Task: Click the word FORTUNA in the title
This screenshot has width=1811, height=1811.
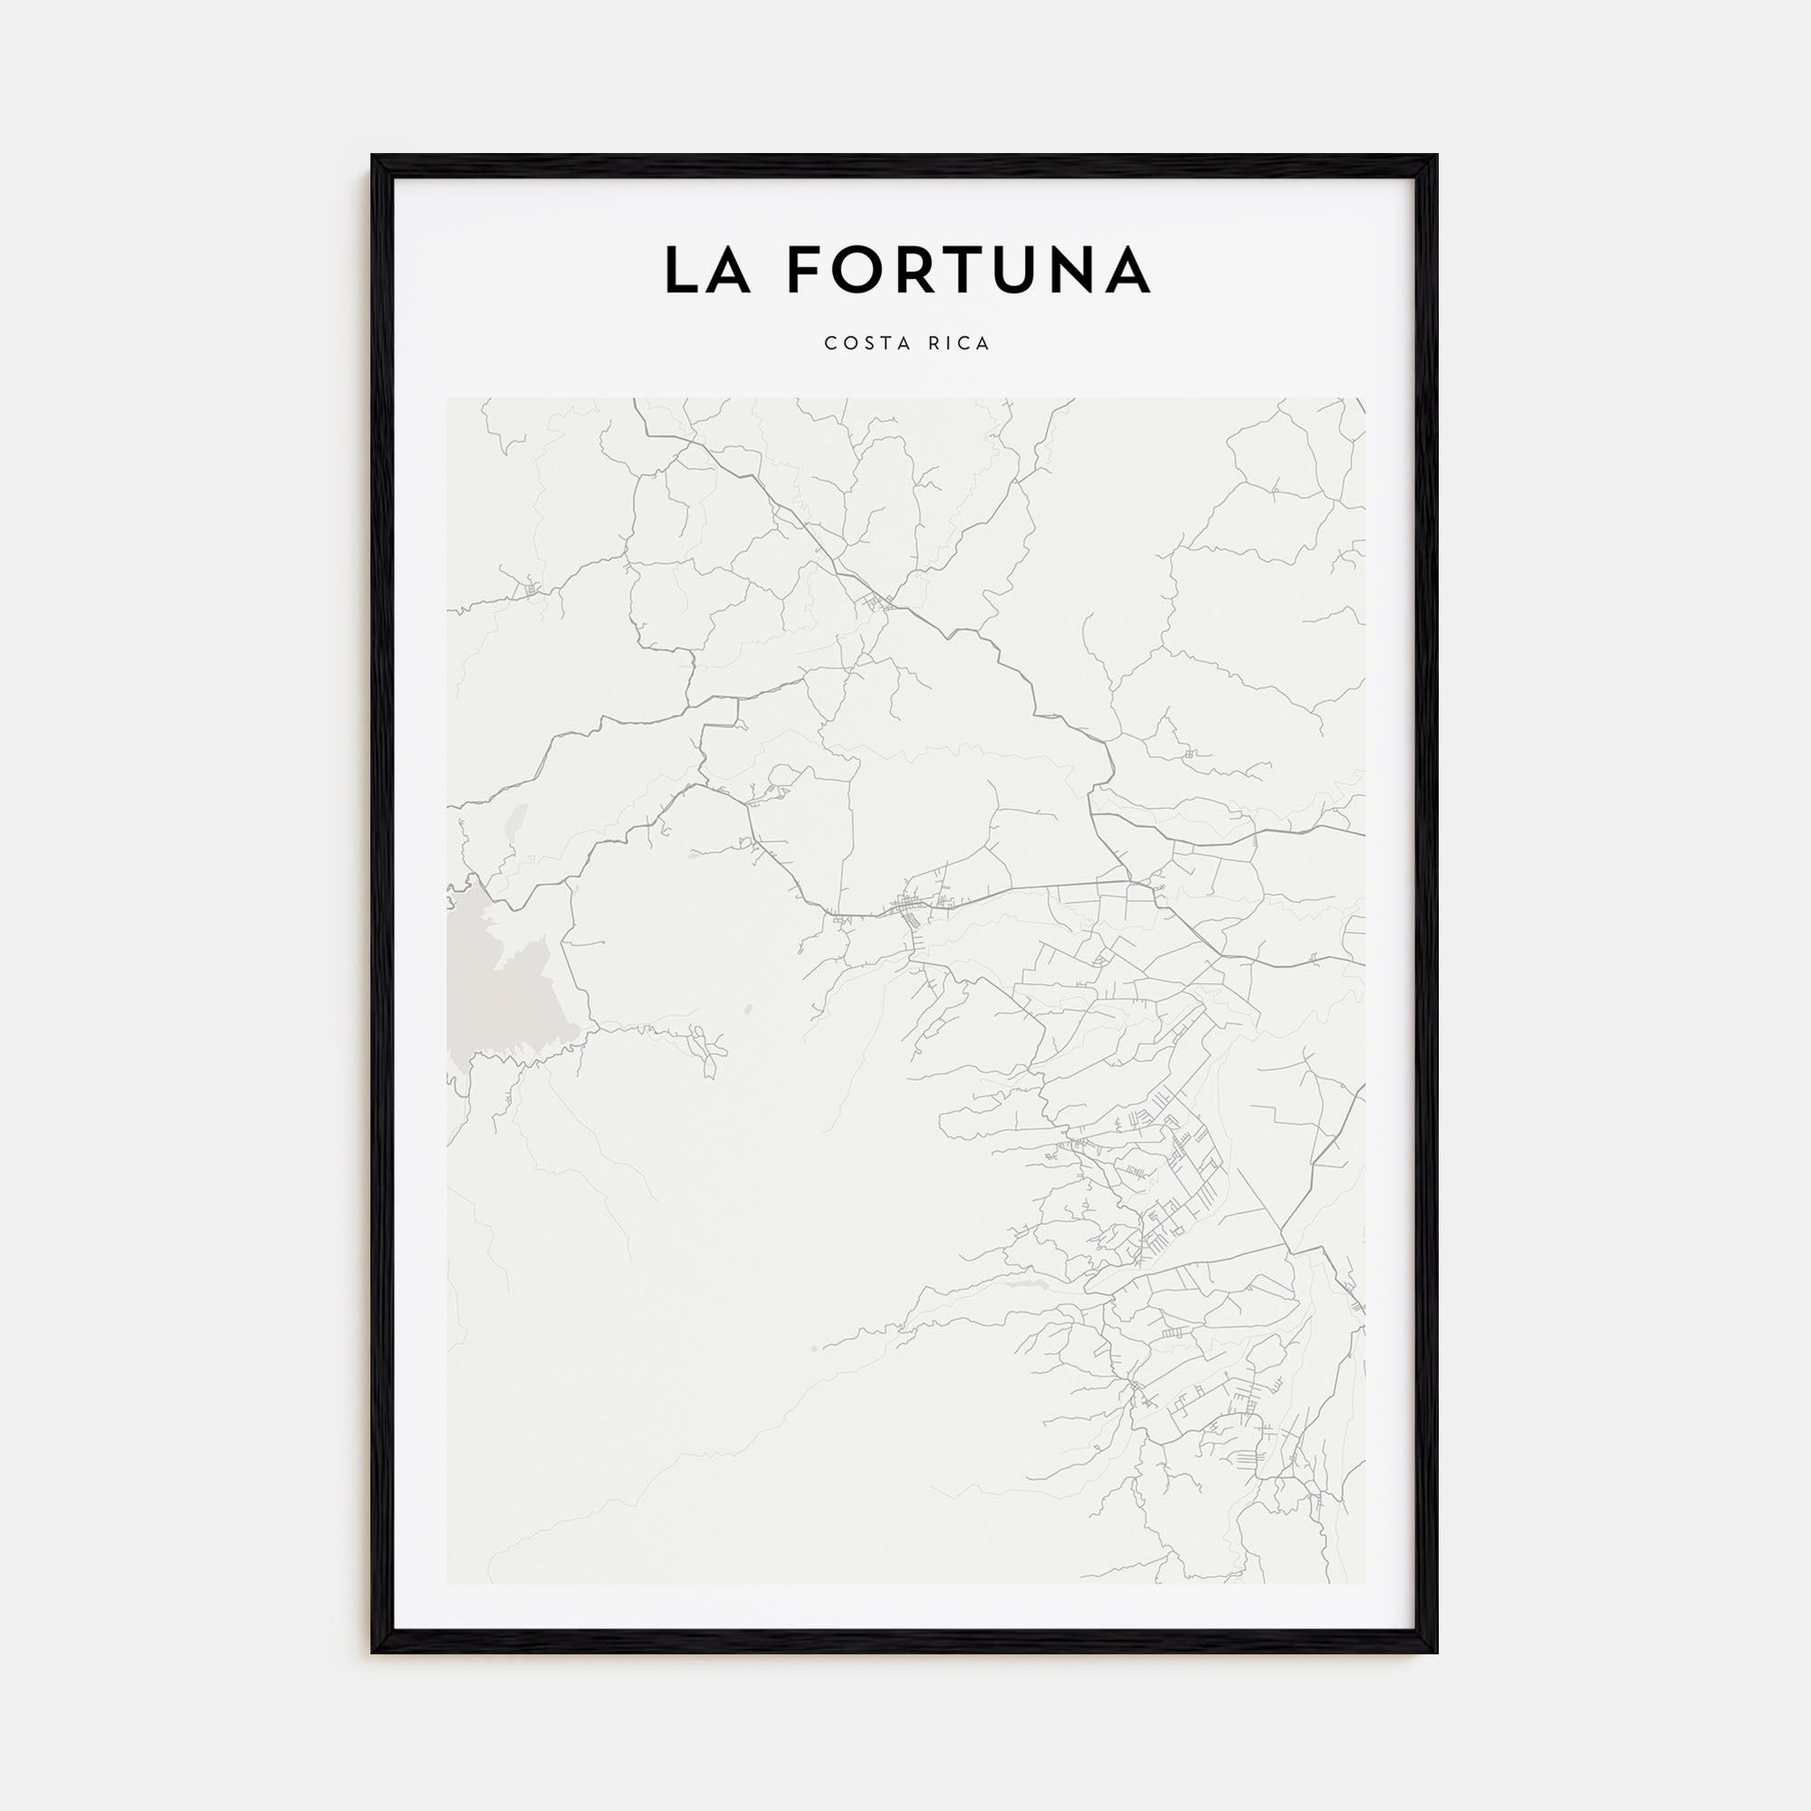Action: (x=968, y=270)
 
